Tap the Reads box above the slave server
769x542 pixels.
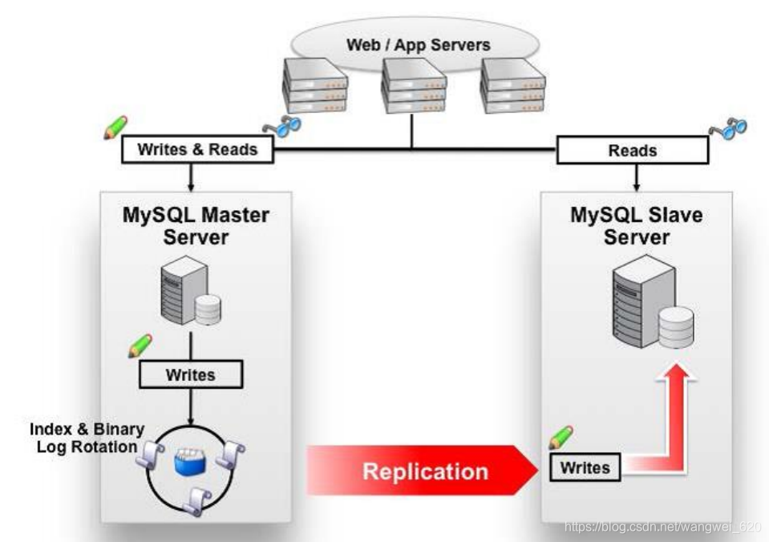(633, 150)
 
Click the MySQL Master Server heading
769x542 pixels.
(196, 225)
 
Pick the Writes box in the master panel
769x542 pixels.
(190, 374)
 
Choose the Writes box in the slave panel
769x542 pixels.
(585, 467)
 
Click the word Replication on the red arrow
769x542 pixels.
(425, 471)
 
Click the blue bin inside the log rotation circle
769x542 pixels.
(192, 463)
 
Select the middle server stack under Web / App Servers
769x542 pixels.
(412, 87)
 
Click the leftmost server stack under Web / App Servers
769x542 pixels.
(314, 87)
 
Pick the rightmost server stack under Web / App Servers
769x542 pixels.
(512, 87)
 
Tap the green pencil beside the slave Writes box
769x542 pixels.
(561, 438)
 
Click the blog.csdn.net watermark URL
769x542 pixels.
(662, 527)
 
